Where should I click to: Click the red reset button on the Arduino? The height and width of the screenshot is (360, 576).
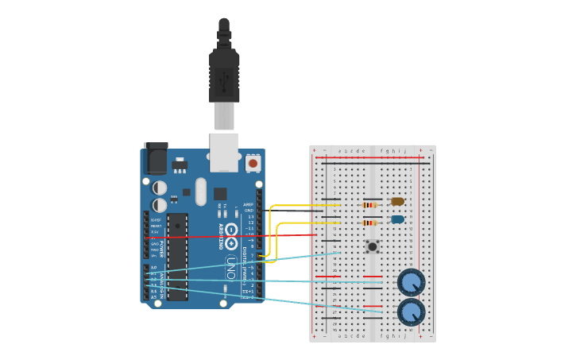[253, 163]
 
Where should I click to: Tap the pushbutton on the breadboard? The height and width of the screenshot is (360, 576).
[372, 246]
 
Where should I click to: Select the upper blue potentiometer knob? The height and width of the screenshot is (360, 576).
[411, 282]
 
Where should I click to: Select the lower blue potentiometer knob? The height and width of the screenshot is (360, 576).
[411, 312]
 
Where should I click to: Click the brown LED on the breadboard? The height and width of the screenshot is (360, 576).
[397, 201]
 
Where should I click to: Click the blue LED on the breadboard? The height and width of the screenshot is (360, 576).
[397, 219]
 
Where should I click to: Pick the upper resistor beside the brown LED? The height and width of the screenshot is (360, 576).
[368, 205]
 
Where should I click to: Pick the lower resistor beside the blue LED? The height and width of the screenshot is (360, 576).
[369, 223]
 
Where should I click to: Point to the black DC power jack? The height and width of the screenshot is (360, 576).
[155, 159]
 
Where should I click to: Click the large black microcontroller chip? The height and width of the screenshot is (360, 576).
[177, 256]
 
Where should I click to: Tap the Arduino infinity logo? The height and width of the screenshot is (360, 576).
[231, 231]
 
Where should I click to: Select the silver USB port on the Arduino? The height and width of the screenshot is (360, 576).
[224, 151]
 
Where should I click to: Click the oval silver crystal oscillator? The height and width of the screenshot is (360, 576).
[200, 192]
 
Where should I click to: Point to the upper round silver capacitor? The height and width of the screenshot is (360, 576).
[160, 188]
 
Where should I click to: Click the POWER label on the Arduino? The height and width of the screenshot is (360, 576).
[162, 249]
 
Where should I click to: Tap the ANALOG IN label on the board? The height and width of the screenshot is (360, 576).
[162, 283]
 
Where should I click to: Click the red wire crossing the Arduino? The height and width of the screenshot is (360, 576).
[238, 235]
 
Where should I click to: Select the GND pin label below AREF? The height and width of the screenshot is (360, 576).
[249, 210]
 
